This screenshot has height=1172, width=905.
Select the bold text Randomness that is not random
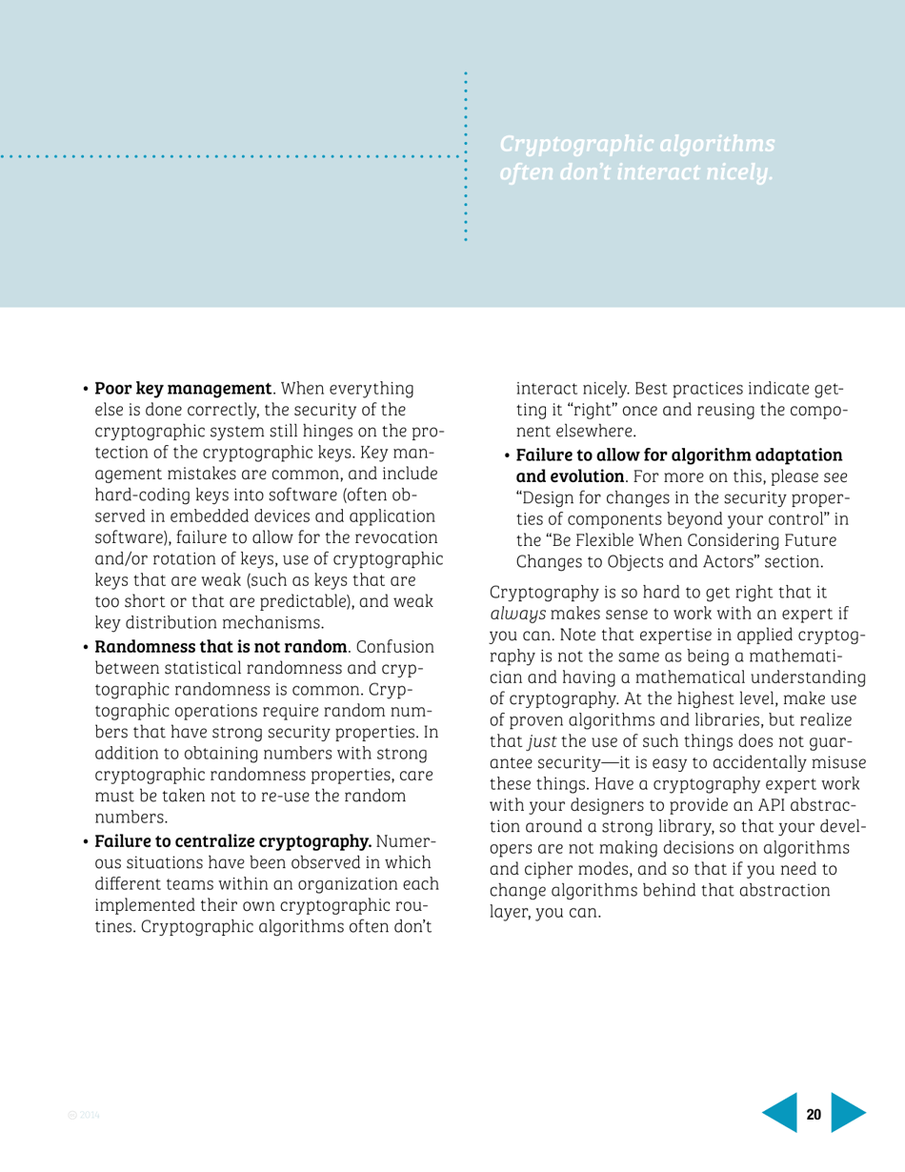tap(220, 636)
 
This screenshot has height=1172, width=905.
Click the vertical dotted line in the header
tap(465, 157)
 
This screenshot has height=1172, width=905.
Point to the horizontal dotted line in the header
tap(229, 153)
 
